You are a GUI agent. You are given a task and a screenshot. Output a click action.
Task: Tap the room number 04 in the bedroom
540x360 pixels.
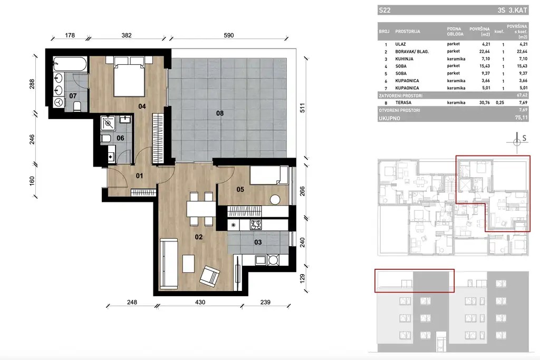142,106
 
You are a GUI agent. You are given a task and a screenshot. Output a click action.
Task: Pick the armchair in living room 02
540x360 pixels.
210,276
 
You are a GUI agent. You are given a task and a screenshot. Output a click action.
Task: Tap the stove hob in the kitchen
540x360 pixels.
256,225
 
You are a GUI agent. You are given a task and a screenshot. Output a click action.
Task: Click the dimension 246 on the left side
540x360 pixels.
32,139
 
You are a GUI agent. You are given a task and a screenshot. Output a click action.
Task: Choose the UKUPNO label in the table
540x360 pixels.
390,119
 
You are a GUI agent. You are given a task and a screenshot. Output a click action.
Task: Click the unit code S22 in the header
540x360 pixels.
385,10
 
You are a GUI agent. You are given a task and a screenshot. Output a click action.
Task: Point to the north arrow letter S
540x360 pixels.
524,139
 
